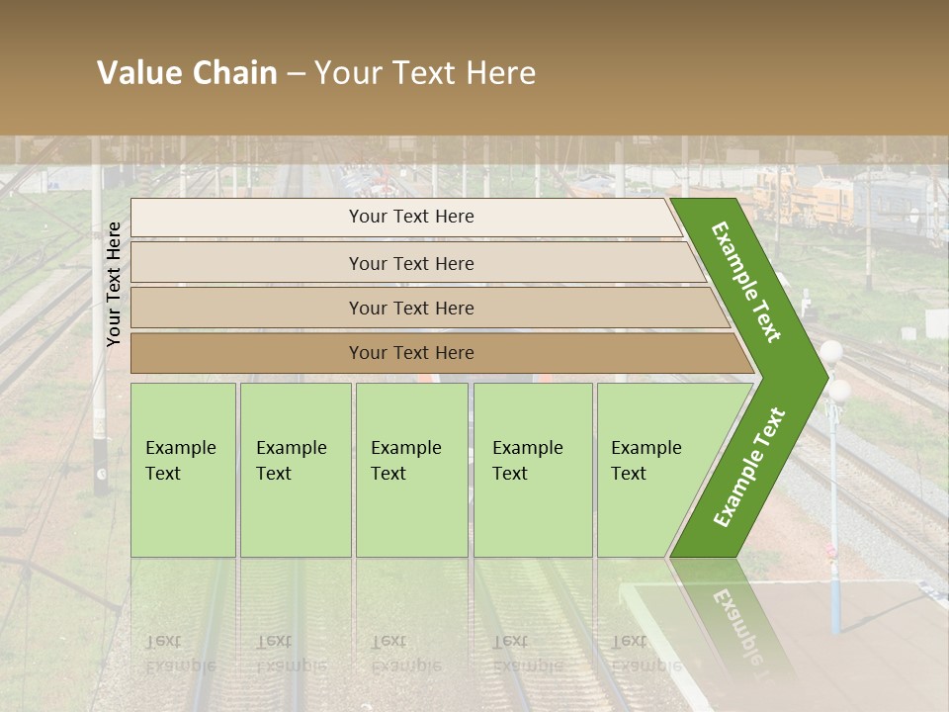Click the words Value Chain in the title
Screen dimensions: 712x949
pos(187,73)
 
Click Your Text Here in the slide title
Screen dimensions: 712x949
pos(425,73)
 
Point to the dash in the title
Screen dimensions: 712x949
pos(296,74)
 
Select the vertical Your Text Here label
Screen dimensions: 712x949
pos(114,284)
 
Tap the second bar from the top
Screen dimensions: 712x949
pos(411,263)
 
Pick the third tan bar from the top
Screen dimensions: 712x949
pos(411,308)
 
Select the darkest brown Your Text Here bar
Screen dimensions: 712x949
pos(411,353)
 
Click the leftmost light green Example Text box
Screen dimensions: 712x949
pos(183,469)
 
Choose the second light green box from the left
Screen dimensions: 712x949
pos(295,469)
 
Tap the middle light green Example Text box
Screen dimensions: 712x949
pos(411,469)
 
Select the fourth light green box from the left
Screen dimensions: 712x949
pos(532,469)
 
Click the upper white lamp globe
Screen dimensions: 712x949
pos(831,351)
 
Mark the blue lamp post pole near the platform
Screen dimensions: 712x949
pos(836,554)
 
